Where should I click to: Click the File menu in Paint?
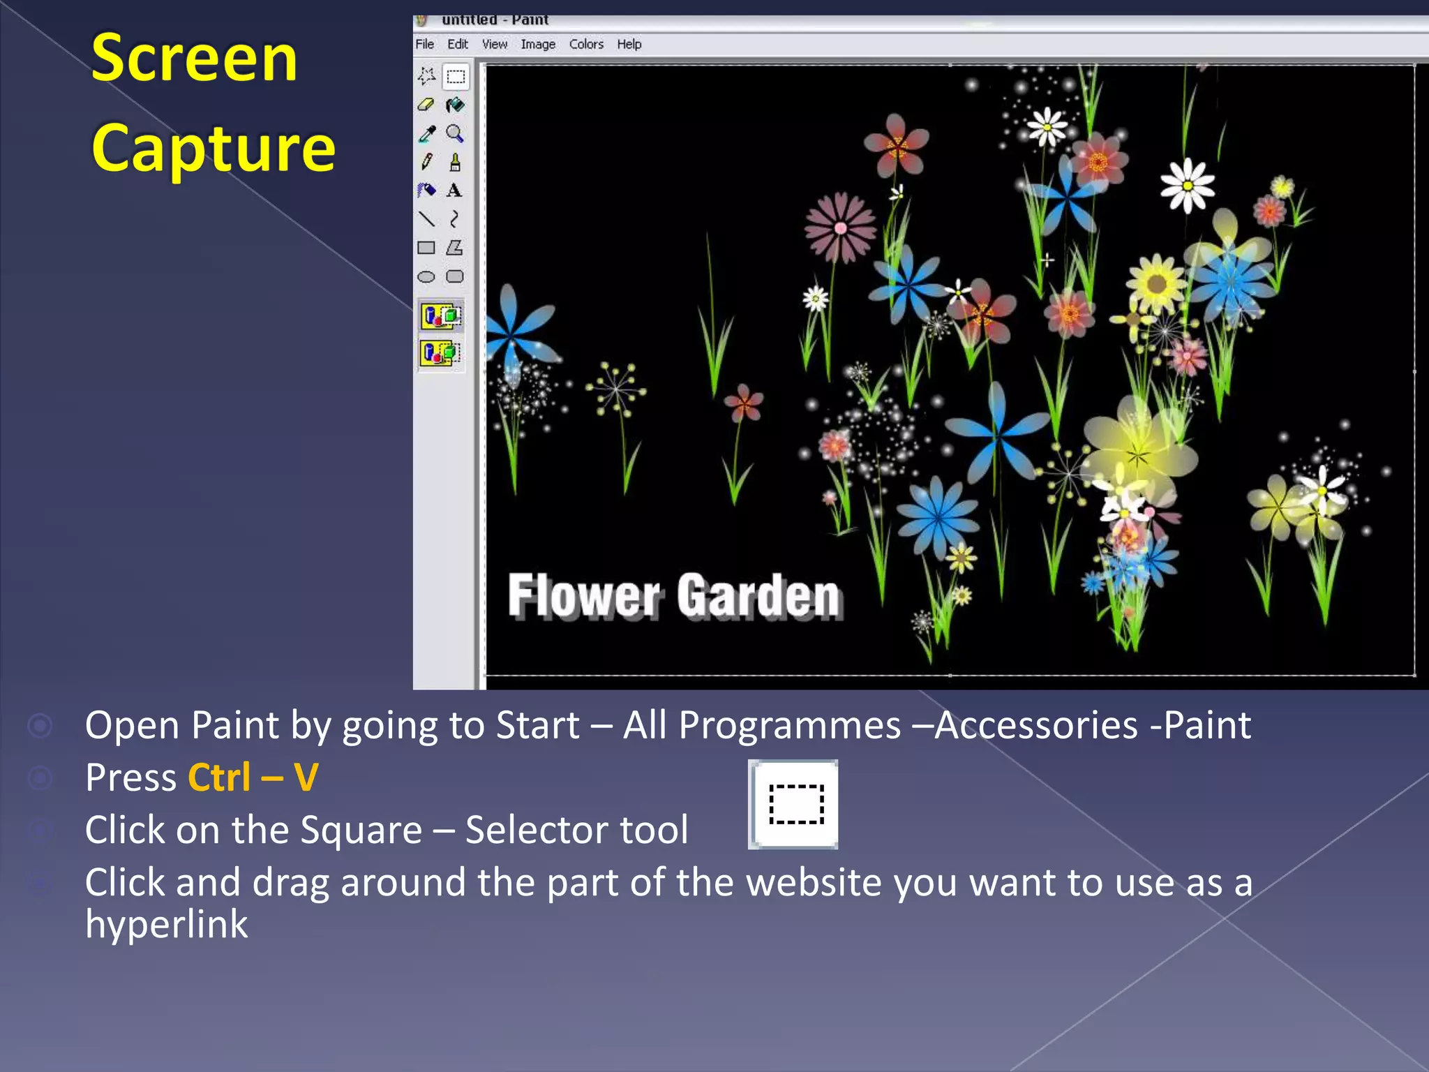tap(424, 44)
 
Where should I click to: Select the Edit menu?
tap(457, 44)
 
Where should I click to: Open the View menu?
tap(494, 44)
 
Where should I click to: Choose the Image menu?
tap(537, 44)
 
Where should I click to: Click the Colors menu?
tap(585, 44)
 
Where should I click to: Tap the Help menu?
tap(629, 44)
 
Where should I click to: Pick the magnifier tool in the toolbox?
tap(455, 133)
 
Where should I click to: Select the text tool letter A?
tap(454, 190)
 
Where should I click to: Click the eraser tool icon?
tap(426, 105)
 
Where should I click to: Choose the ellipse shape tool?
tap(426, 276)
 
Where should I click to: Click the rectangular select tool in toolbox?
tap(456, 76)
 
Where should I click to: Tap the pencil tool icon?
tap(426, 162)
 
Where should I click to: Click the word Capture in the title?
tap(214, 148)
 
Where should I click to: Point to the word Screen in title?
tap(194, 59)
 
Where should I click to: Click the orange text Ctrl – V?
tap(253, 777)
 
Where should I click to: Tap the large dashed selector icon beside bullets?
tap(793, 804)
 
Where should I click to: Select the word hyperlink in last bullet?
tap(166, 924)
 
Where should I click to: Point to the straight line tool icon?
tap(426, 219)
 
